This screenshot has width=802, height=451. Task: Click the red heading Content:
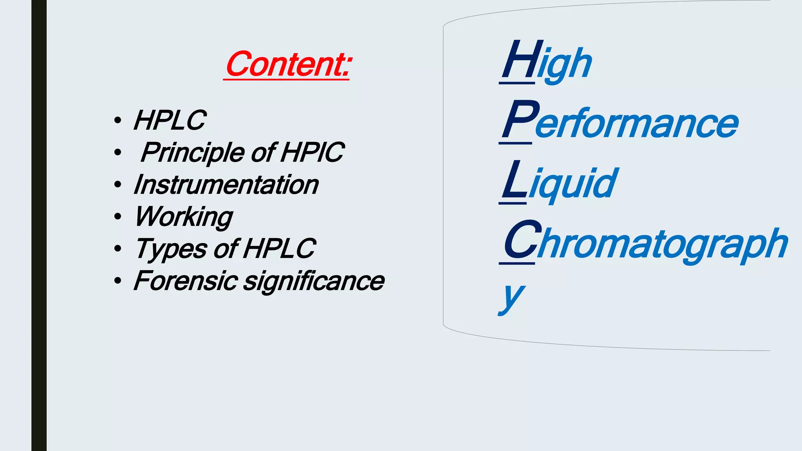point(288,65)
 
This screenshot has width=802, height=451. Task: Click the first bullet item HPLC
point(169,120)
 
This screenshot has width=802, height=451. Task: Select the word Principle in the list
point(192,153)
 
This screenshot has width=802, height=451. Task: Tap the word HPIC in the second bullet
point(312,152)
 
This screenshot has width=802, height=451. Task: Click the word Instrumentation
point(226,185)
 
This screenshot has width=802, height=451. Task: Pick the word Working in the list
point(183,217)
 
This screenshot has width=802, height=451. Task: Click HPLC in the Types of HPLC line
point(279,249)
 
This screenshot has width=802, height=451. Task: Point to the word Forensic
point(185,281)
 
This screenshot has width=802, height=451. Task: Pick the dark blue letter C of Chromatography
point(520,240)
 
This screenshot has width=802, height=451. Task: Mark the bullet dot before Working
point(117,216)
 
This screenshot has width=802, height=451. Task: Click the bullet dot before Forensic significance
point(117,281)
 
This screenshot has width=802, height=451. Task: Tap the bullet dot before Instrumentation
point(117,184)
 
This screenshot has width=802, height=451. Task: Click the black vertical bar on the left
point(39,225)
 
